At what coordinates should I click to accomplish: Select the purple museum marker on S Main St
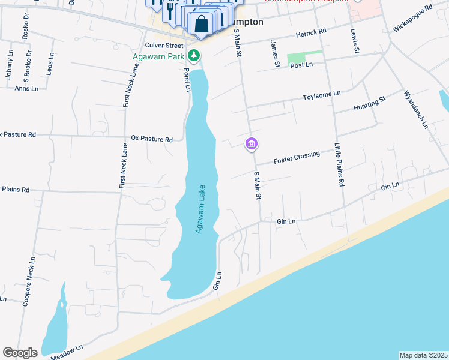click(x=251, y=144)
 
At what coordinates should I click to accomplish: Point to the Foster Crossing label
click(x=297, y=158)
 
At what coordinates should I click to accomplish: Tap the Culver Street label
click(x=164, y=45)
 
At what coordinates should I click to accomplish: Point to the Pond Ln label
click(x=187, y=79)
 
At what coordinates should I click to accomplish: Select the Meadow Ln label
click(x=65, y=353)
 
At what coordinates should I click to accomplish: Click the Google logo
click(x=20, y=353)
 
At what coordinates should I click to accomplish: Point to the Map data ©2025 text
click(x=423, y=355)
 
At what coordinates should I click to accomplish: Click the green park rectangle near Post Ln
click(x=304, y=58)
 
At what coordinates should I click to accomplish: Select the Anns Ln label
click(x=26, y=88)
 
